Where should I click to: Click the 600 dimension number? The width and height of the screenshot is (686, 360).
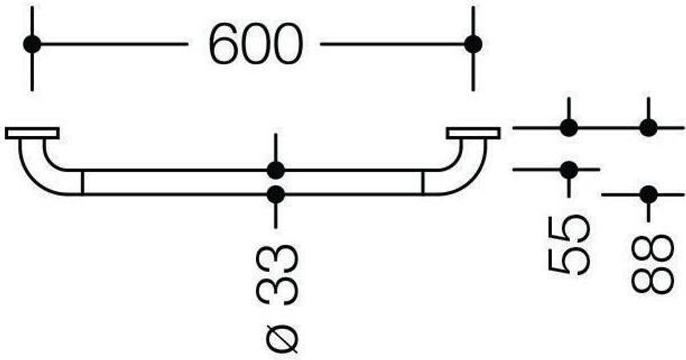point(255,45)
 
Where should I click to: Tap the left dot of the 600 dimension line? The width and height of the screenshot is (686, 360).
point(31,44)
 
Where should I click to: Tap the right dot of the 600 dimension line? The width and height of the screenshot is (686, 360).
point(473,44)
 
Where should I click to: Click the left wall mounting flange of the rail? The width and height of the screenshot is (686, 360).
point(32,133)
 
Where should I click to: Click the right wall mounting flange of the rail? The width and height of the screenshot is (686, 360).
point(474,133)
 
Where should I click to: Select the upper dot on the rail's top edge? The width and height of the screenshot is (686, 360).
point(276,170)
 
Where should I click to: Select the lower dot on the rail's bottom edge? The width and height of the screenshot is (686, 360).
point(276,194)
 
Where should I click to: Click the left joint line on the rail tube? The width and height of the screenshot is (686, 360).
point(82,182)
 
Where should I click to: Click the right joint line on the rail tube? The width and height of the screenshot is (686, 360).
point(423,182)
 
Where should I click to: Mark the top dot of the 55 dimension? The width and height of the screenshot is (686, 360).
point(569,127)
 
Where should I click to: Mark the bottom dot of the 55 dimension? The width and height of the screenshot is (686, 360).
point(569,170)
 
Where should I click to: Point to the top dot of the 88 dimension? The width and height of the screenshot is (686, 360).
point(648,127)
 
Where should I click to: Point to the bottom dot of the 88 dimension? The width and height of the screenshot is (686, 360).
point(648,194)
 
